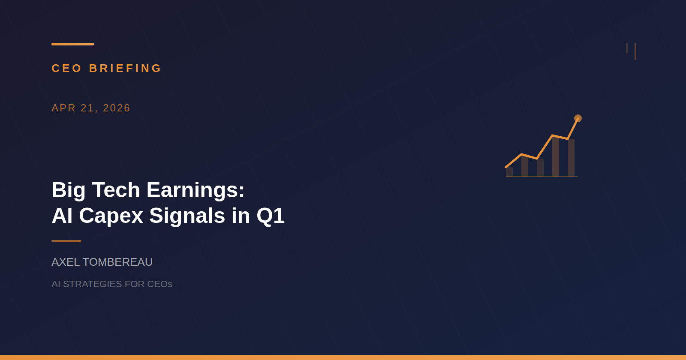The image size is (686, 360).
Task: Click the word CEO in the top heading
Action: pos(66,68)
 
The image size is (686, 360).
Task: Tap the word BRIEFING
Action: pos(125,68)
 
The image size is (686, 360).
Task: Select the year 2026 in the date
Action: pos(117,108)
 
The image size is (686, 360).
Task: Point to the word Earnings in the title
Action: pos(196,190)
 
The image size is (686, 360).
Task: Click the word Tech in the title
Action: pos(116,190)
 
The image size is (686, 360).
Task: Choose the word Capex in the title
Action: pos(111,216)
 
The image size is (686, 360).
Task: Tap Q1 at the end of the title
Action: pos(271,216)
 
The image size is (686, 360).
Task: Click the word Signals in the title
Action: pos(187,216)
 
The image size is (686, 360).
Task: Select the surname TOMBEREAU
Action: pos(117,262)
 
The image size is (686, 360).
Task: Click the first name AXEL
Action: pos(66,262)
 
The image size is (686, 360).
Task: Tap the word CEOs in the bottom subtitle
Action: pos(160,284)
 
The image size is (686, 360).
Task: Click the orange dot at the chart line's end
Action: pos(578,118)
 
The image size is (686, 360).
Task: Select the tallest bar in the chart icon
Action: pos(556,157)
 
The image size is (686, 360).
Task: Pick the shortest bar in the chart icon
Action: pos(509,172)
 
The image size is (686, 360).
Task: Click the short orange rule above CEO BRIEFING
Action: pos(73,44)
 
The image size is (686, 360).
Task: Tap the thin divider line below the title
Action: pos(66,241)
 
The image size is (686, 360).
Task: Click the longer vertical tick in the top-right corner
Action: pos(635,51)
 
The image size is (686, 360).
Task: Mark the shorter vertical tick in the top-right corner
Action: pos(627,48)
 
